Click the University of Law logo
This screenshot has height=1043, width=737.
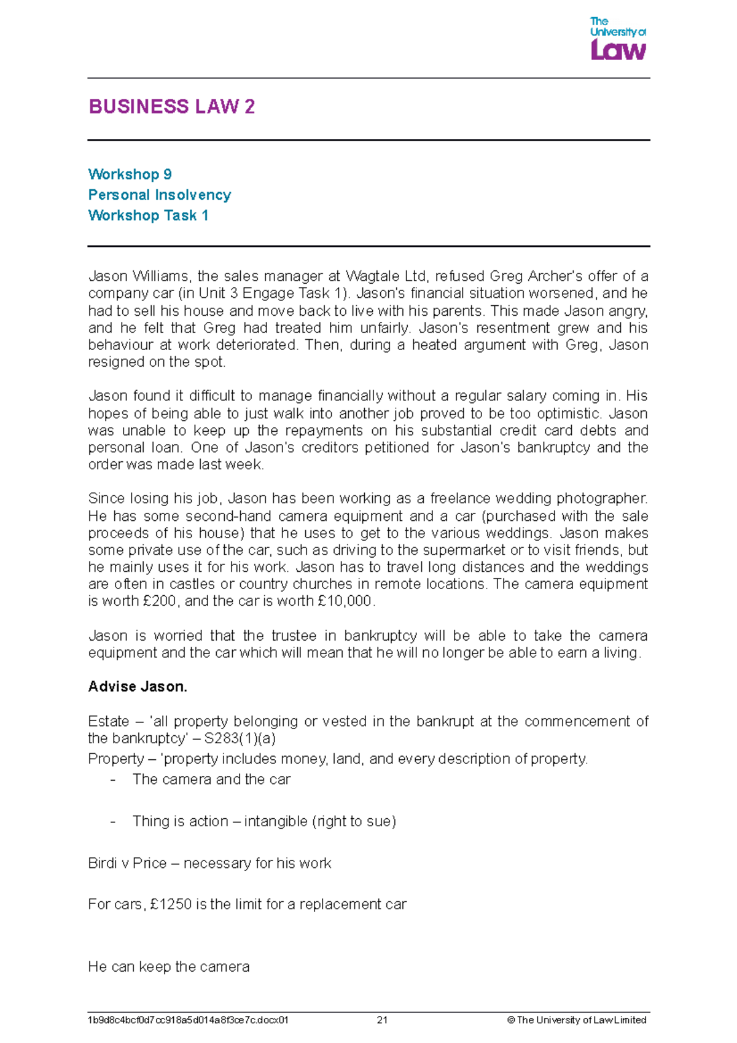coord(617,39)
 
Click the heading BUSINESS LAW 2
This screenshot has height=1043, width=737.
coord(171,107)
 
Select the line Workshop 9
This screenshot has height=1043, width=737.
coord(130,174)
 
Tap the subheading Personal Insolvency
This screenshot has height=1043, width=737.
coord(159,195)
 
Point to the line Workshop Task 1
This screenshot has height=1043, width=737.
coord(148,216)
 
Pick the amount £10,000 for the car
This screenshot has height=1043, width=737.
coord(345,601)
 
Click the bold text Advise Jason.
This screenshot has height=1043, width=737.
coord(138,687)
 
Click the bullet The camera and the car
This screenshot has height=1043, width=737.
coord(211,779)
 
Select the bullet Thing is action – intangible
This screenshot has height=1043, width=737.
coord(264,821)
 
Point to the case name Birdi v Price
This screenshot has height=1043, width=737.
coord(127,863)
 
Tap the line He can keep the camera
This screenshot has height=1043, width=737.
coord(168,967)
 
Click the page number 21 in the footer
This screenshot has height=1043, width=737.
coord(382,1020)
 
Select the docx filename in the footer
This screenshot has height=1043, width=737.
coord(188,1020)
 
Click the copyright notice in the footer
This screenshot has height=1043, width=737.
coord(577,1020)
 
